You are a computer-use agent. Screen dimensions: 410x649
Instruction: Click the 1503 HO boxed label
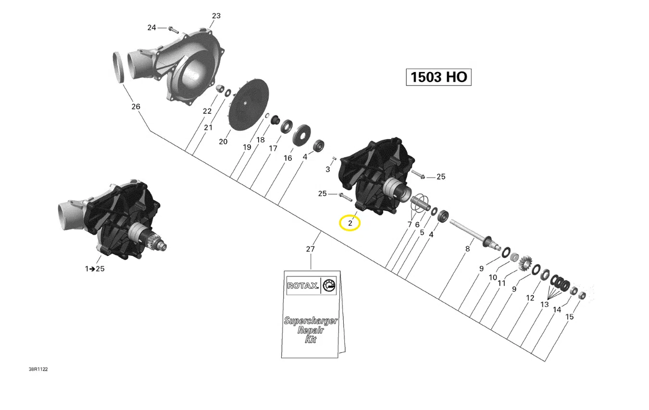point(438,77)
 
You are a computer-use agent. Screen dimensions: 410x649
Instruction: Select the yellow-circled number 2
point(350,223)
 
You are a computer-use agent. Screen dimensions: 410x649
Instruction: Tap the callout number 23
point(216,16)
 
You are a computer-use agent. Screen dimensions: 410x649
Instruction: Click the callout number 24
point(152,28)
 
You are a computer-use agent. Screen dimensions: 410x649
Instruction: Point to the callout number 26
point(136,106)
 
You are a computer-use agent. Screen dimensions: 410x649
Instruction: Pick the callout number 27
point(311,249)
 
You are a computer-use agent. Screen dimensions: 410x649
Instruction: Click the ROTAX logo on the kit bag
point(302,286)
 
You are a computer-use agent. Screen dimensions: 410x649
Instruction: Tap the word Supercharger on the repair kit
point(311,321)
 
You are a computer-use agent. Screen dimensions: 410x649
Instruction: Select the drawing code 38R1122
point(38,369)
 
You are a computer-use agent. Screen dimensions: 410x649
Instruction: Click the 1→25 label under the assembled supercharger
point(95,269)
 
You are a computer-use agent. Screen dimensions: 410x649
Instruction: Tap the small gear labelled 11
point(524,263)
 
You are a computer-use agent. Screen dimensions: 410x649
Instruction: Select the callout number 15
point(570,317)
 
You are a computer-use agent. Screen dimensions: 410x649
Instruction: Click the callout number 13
point(544,304)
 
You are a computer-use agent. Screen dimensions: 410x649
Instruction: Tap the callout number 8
point(467,249)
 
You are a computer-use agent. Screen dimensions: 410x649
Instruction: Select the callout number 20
point(223,141)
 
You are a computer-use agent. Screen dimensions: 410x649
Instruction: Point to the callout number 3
point(328,169)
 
